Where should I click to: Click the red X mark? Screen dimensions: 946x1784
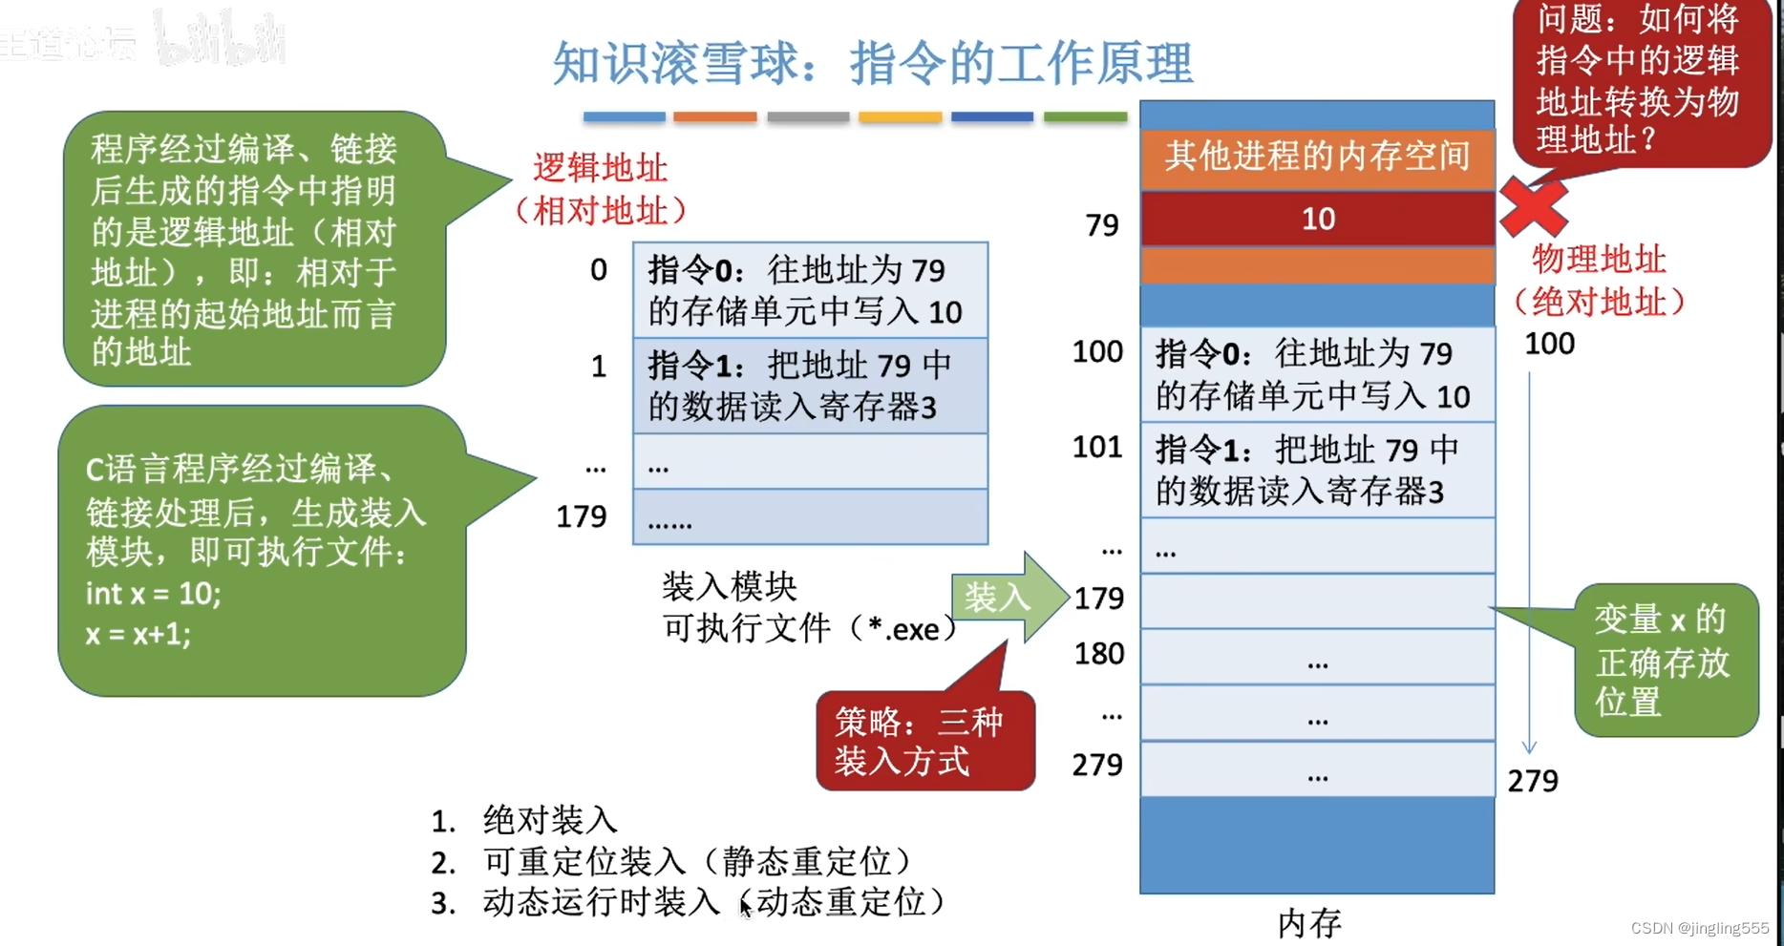1533,206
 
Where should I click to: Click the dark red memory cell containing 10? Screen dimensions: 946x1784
1317,219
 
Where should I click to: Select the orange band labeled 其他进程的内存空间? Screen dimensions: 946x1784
1317,156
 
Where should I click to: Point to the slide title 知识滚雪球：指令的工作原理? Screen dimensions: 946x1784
872,64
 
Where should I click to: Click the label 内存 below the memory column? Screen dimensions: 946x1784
1309,922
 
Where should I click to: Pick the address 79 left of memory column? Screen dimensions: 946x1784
1101,225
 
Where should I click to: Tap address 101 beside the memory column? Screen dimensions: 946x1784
1096,447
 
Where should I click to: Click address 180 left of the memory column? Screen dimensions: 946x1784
1098,654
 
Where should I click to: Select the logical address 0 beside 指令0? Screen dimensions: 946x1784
598,270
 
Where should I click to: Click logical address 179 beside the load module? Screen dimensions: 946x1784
581,516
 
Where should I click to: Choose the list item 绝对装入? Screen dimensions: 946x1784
549,820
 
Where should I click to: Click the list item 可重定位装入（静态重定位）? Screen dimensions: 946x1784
697,861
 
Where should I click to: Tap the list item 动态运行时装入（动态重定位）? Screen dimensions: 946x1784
713,902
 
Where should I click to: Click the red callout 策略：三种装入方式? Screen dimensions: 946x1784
924,742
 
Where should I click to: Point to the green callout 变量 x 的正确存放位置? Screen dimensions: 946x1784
1665,661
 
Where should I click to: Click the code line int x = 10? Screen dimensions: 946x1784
154,594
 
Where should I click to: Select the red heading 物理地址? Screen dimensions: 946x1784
1598,260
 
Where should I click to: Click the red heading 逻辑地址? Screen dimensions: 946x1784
600,169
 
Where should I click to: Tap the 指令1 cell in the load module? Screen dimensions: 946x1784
810,386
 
